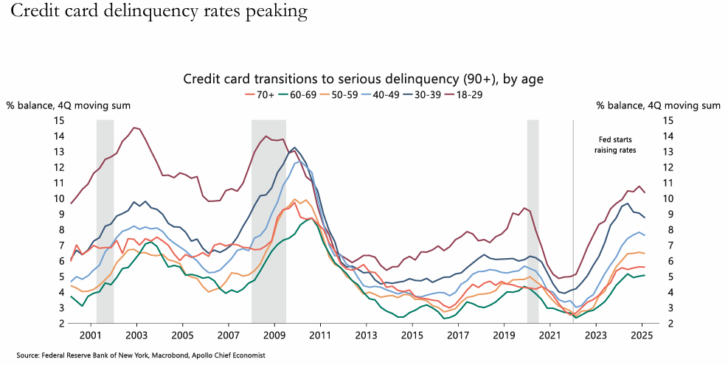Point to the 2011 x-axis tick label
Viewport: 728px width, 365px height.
[320, 335]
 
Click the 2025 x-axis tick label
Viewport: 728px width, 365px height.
[641, 335]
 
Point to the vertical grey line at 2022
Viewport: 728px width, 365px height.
[573, 221]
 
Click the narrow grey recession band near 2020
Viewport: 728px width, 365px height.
[533, 221]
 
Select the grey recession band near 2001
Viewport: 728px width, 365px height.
[105, 221]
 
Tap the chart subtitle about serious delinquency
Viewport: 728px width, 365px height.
[363, 79]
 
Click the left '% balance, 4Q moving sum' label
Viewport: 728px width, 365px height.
[69, 105]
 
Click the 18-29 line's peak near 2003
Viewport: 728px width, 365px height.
[134, 128]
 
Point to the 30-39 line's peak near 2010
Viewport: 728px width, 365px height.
[295, 147]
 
